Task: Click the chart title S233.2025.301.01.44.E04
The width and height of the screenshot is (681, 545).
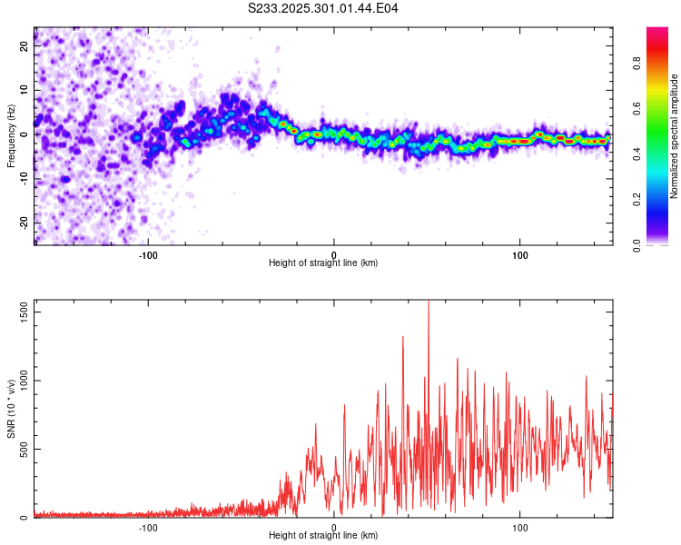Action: (x=323, y=8)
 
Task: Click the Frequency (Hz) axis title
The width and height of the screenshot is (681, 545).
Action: (x=11, y=137)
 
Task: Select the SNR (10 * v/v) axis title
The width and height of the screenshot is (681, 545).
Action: (x=11, y=409)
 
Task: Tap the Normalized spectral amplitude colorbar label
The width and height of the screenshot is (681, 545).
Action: (x=674, y=137)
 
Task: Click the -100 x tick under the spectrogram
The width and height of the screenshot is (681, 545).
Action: (x=148, y=254)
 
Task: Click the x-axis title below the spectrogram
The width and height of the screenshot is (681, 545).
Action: (x=323, y=263)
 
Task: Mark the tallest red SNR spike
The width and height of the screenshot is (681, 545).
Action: (x=429, y=303)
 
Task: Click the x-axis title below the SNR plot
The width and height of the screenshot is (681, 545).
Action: (x=323, y=536)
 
